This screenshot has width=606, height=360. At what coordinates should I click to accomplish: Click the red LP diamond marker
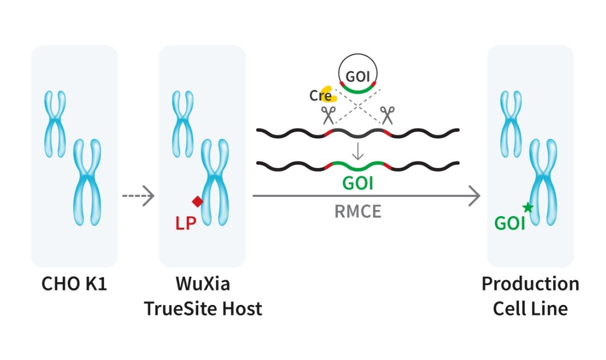coord(197,202)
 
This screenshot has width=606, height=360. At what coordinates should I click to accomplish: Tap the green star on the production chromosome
coord(528,207)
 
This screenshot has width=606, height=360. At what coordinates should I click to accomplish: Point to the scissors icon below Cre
coord(329,116)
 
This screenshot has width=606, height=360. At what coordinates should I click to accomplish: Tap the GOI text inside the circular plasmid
coord(358,74)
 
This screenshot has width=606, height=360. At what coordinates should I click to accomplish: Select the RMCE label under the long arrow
coord(358,212)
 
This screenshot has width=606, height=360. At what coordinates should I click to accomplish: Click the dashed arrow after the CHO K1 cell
coord(138,195)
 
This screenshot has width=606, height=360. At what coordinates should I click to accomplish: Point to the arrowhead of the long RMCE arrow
coord(474,195)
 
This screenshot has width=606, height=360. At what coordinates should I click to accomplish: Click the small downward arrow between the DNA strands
coord(358,151)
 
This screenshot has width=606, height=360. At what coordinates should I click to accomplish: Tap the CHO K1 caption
coord(74,284)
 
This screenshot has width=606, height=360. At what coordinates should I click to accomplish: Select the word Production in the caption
coord(530,284)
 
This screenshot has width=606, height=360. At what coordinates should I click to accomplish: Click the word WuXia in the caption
coord(203,284)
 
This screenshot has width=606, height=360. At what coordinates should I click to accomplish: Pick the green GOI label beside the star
coord(510,223)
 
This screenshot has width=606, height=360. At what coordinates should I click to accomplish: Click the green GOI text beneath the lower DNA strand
coord(358,182)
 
